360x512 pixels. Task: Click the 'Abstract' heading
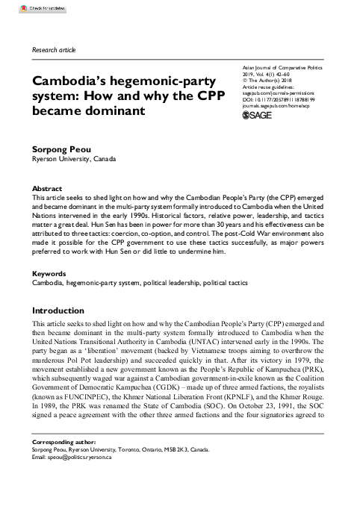[48, 190]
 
